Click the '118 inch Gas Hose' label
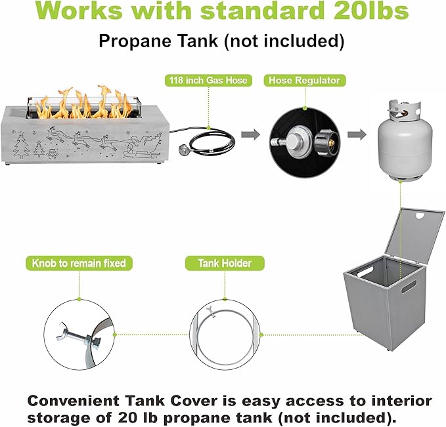pos(208,81)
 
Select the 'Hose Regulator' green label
pos(305,81)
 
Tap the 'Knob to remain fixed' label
pos(79,263)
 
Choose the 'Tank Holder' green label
pos(225,263)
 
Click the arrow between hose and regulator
pos(251,134)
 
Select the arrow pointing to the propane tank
pos(357,134)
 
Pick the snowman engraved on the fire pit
pos(52,153)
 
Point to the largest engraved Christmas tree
pos(21,146)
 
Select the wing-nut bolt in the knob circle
pos(79,335)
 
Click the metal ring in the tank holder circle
pos(225,337)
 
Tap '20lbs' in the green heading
pos(371,10)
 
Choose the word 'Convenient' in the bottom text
pos(74,401)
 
